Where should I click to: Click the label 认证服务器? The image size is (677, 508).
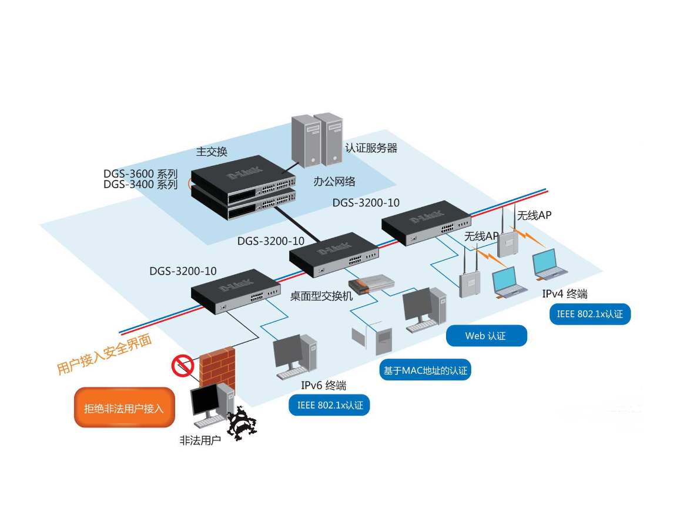[371, 148]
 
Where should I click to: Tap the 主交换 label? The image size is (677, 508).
[212, 152]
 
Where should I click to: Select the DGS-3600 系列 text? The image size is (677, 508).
[140, 174]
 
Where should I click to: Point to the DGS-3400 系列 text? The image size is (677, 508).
[140, 185]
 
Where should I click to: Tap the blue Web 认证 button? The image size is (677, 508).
[486, 336]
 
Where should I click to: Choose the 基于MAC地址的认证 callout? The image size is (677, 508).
[425, 370]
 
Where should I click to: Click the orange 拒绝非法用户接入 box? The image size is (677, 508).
[124, 407]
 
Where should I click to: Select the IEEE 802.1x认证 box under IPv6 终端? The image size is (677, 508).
[330, 405]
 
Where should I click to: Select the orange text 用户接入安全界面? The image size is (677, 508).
[104, 355]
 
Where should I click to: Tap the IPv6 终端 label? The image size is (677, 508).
[323, 386]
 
